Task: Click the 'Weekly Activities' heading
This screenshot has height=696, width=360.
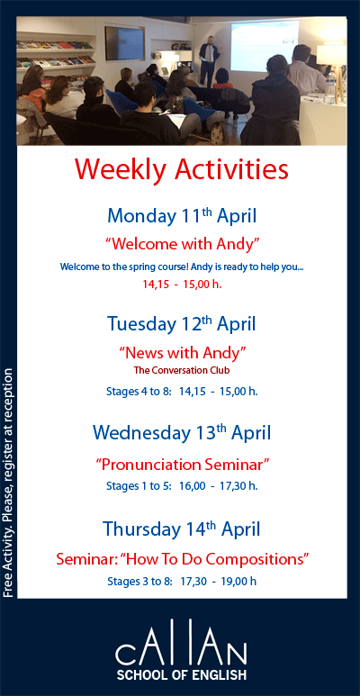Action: coord(182,168)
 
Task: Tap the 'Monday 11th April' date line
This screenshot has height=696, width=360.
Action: coord(182,216)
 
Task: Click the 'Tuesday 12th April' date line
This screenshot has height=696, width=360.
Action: coord(182,324)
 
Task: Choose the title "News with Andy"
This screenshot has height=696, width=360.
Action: coord(182,352)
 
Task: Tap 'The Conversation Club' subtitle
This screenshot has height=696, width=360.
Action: coord(182,370)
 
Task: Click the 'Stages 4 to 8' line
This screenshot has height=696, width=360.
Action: coord(182,391)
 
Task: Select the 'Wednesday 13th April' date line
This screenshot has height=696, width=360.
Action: coord(182,433)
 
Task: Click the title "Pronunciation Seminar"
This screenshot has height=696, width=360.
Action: coord(182,465)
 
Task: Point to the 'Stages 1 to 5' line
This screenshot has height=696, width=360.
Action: coord(182,486)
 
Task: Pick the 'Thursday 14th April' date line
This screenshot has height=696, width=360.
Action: coord(182,529)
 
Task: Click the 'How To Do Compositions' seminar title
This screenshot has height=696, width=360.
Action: coord(182,559)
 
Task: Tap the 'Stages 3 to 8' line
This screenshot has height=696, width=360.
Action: coord(182,581)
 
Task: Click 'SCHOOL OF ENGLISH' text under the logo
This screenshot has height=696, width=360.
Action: coord(180,673)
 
